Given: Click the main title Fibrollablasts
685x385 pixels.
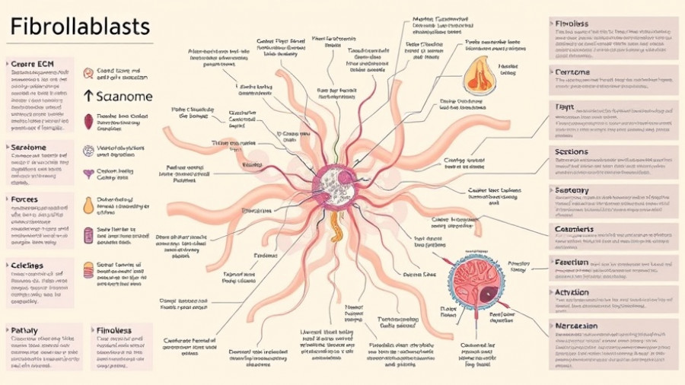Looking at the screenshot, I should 80,27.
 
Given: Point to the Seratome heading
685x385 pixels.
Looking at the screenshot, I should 27,147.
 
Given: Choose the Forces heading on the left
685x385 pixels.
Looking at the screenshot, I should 24,199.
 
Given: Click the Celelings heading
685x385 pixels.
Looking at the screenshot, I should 27,266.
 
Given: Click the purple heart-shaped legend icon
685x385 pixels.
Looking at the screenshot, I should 88,174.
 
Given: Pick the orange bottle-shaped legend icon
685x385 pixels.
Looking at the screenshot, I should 88,205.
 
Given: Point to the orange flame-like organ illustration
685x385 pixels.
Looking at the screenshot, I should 480,75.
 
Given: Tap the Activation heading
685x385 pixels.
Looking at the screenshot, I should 572,292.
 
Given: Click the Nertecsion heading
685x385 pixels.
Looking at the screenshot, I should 576,326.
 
